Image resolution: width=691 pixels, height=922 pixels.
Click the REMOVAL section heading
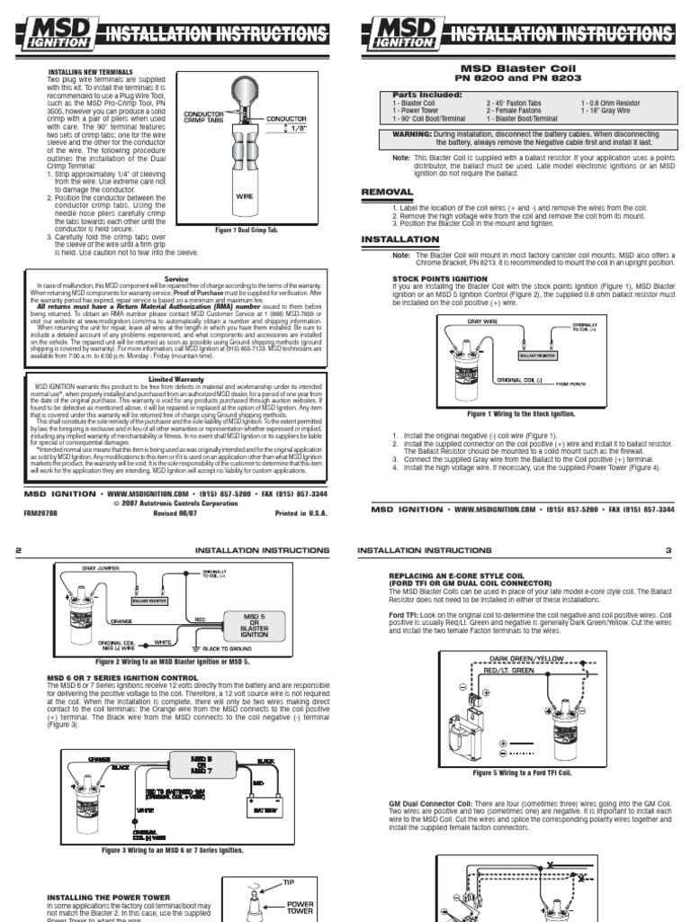[387, 192]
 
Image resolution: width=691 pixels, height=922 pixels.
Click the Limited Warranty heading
[176, 379]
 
